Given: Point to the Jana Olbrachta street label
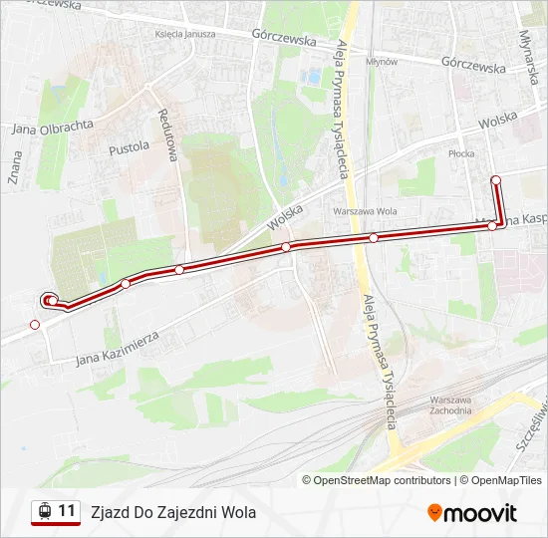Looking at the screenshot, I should pyautogui.click(x=53, y=127).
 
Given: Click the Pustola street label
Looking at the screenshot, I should pyautogui.click(x=129, y=147).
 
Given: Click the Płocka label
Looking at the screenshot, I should pyautogui.click(x=460, y=154).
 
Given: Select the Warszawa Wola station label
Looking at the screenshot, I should pyautogui.click(x=366, y=211).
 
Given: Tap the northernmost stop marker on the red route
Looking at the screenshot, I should pyautogui.click(x=496, y=180).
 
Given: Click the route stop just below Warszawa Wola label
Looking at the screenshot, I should pyautogui.click(x=373, y=237).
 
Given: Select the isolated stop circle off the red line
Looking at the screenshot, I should pyautogui.click(x=35, y=324).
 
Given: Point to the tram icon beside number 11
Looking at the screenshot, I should pyautogui.click(x=44, y=512).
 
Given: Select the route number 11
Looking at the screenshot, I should pyautogui.click(x=67, y=511).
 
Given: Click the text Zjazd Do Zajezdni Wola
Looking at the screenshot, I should pyautogui.click(x=173, y=512).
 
